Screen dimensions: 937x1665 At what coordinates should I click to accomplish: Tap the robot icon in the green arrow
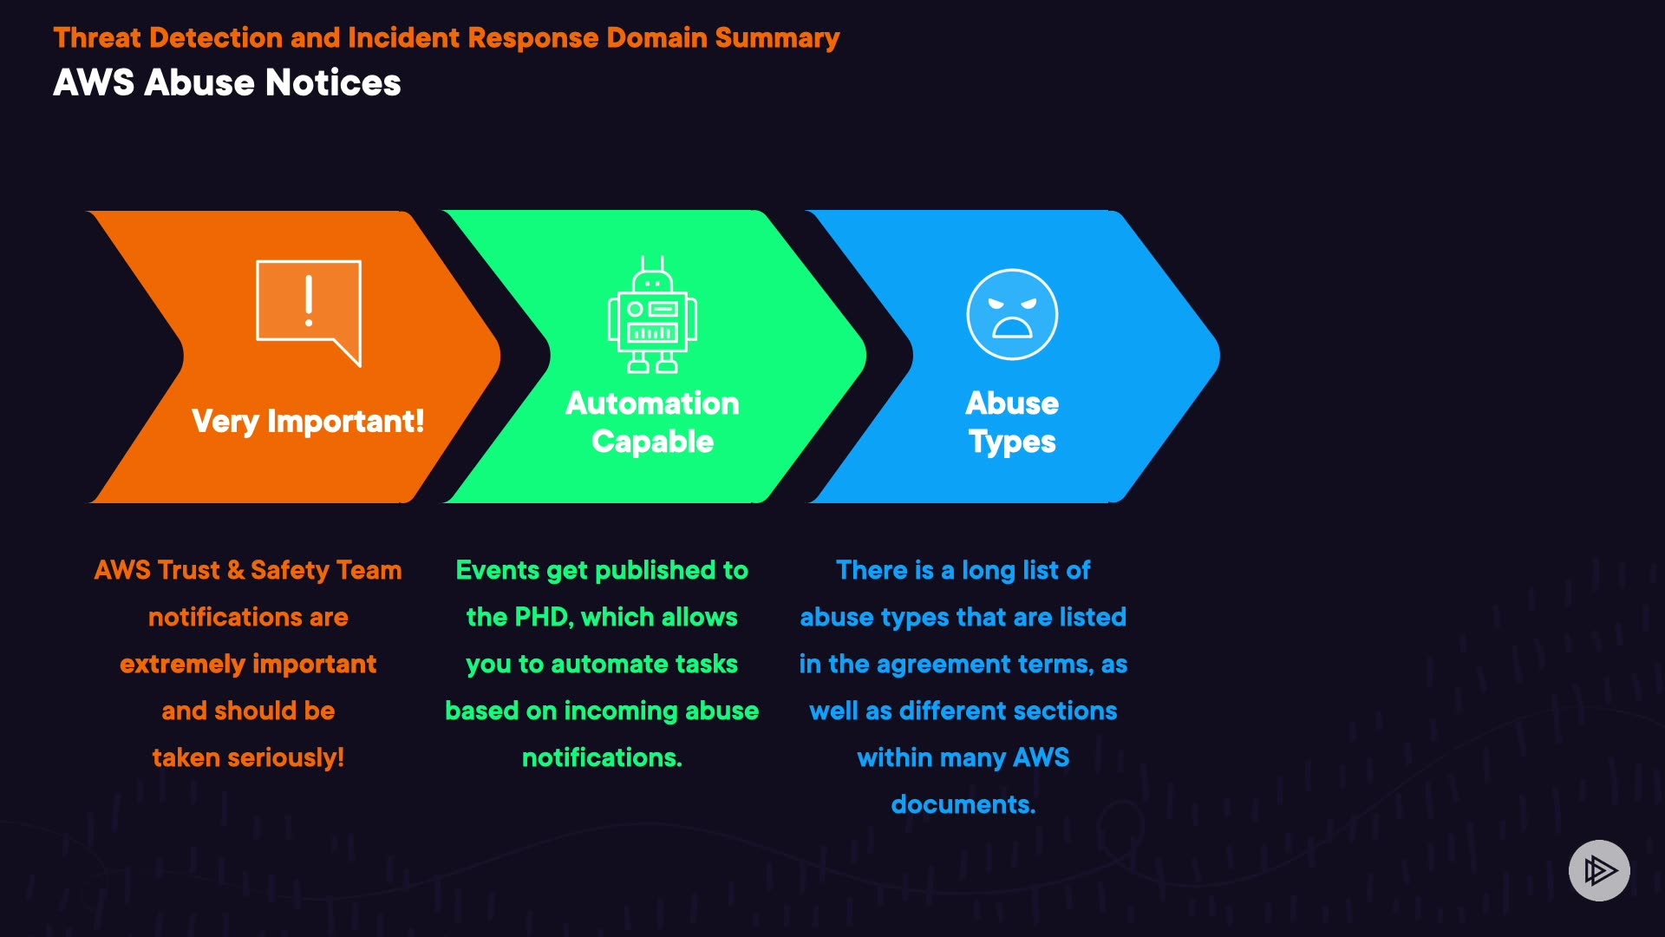pyautogui.click(x=652, y=316)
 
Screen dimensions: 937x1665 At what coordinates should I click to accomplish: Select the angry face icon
pyautogui.click(x=1012, y=314)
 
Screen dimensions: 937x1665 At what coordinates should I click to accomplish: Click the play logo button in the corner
pyautogui.click(x=1599, y=870)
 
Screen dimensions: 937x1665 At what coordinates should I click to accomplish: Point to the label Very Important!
pyautogui.click(x=308, y=422)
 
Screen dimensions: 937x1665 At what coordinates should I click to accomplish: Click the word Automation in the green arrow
pyautogui.click(x=652, y=403)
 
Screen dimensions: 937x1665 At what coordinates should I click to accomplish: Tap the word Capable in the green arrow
pyautogui.click(x=652, y=442)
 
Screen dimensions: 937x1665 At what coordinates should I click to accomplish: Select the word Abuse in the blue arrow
pyautogui.click(x=1012, y=403)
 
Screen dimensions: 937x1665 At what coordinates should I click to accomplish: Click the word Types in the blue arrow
pyautogui.click(x=1012, y=442)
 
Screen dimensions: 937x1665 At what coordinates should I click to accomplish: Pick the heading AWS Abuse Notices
pyautogui.click(x=227, y=83)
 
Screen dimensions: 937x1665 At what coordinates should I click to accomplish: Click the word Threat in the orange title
pyautogui.click(x=97, y=38)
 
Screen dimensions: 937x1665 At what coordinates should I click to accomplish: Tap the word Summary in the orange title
pyautogui.click(x=777, y=38)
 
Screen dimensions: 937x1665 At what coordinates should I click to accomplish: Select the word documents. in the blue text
pyautogui.click(x=963, y=804)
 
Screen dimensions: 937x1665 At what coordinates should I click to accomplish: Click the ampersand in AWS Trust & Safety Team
pyautogui.click(x=235, y=570)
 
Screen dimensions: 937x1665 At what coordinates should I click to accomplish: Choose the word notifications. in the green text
pyautogui.click(x=602, y=757)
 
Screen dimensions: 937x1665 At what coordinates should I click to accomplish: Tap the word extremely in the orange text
pyautogui.click(x=182, y=664)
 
